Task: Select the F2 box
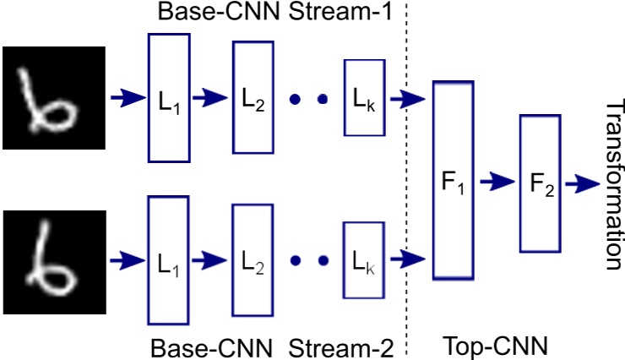click(x=541, y=183)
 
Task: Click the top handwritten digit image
click(x=53, y=98)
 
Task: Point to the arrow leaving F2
click(x=583, y=183)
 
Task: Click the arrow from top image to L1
click(x=127, y=98)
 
